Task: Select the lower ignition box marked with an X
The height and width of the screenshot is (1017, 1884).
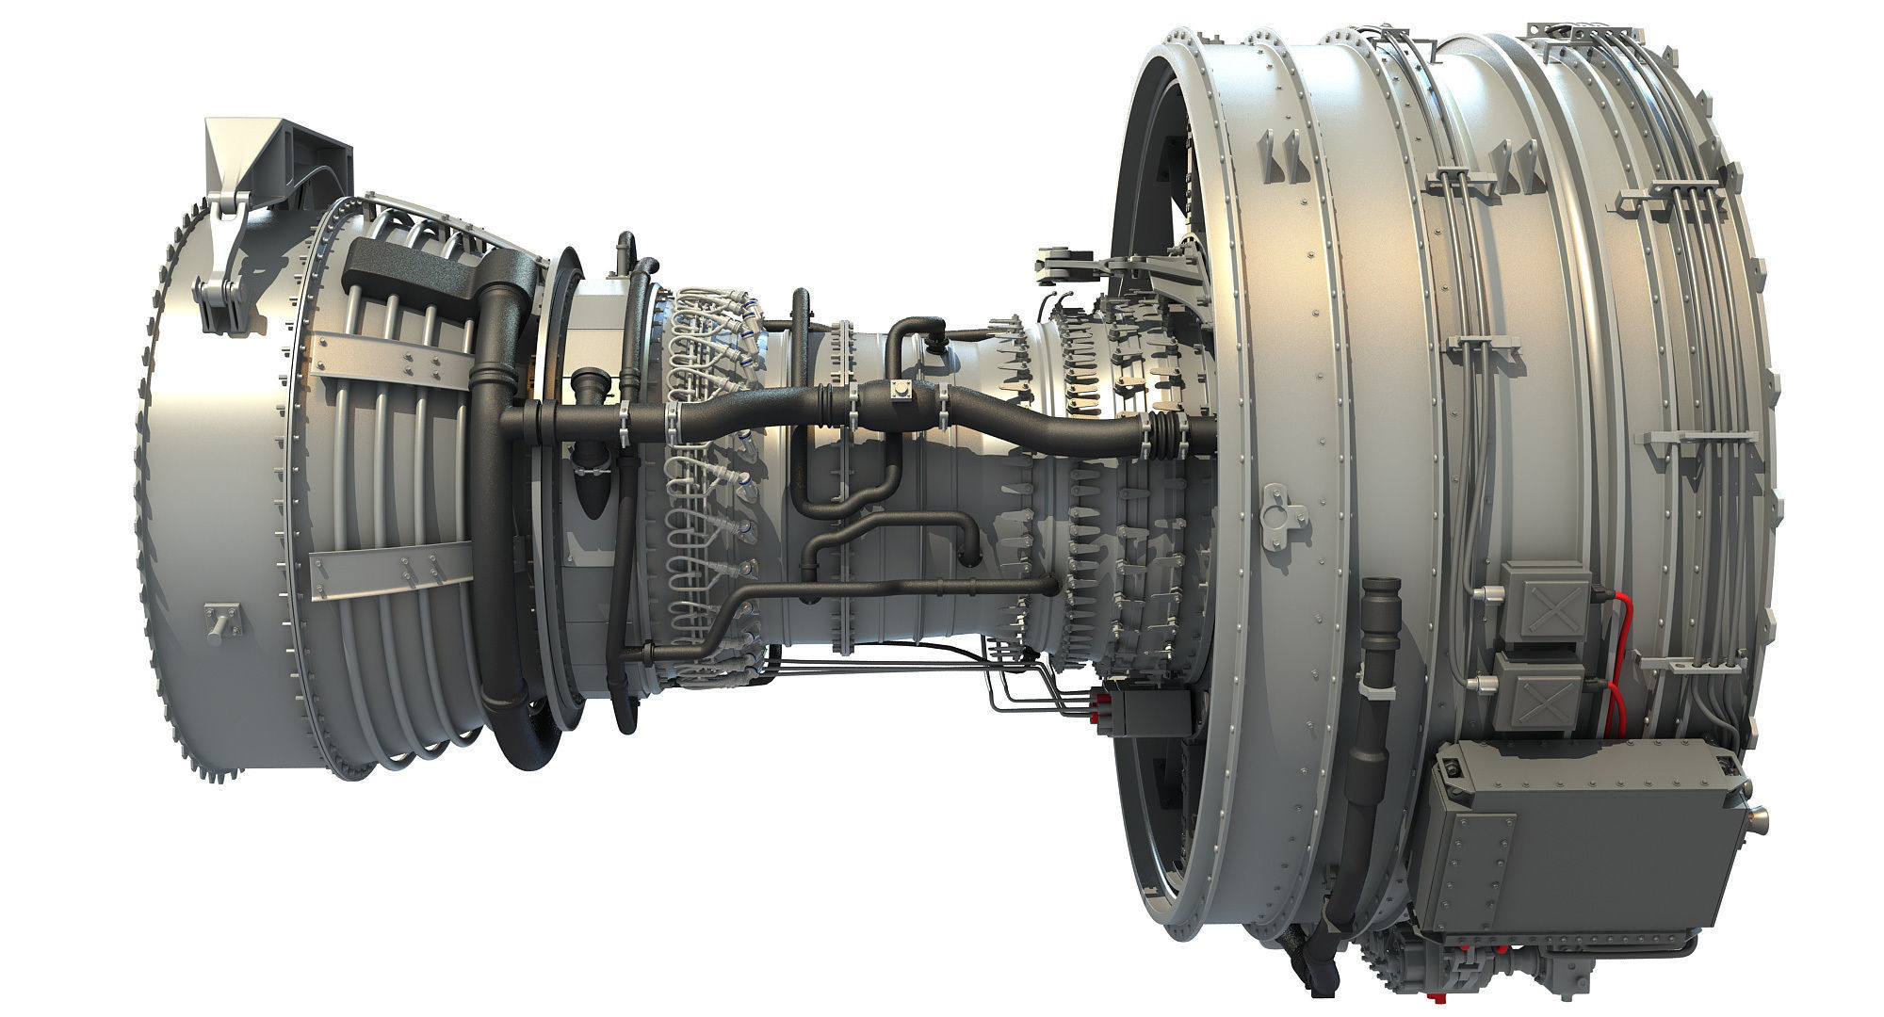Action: tap(1541, 692)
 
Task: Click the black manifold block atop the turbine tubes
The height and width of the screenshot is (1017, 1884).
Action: tap(405, 268)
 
